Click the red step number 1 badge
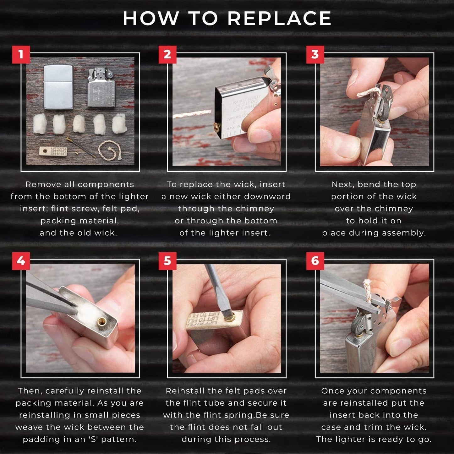21,54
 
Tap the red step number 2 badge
167,54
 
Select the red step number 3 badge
315,54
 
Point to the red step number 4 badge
21,261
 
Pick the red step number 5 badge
167,261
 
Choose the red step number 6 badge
315,261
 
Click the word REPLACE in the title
279,19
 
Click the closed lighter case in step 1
58,87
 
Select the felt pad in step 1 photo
53,151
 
